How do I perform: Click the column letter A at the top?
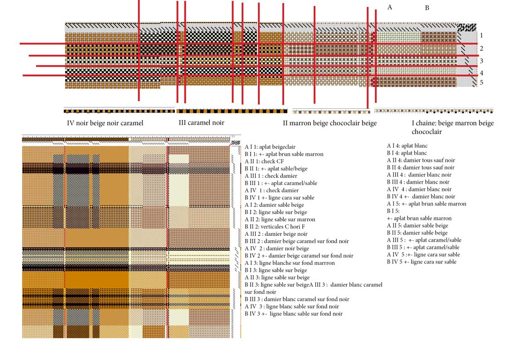390,7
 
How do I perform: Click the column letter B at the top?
427,8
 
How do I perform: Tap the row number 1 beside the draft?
481,35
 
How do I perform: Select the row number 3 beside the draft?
481,61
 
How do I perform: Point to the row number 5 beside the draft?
481,83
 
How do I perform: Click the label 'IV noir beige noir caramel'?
105,123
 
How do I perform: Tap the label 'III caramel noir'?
201,123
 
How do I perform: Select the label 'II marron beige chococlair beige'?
330,123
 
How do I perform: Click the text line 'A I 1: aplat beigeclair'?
270,147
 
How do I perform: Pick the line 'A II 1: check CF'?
264,161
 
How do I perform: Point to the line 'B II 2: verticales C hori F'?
275,227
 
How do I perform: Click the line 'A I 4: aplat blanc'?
407,146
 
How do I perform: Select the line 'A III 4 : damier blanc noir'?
419,175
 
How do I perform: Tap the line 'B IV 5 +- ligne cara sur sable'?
422,262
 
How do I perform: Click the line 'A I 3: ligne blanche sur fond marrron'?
290,263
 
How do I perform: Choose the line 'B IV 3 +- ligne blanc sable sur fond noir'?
293,314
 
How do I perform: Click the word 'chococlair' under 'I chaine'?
427,132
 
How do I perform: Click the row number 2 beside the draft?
481,49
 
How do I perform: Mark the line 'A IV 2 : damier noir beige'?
277,248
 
